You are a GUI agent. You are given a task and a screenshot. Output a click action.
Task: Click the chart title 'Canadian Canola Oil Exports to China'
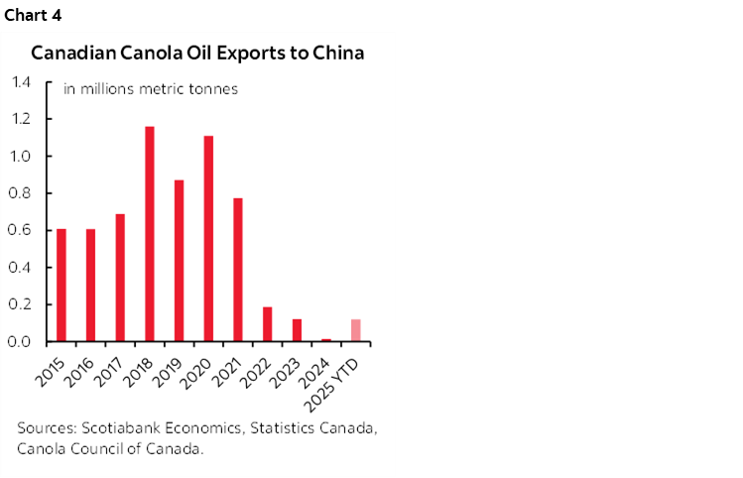point(197,53)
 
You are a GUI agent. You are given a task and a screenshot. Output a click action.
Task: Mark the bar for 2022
point(267,324)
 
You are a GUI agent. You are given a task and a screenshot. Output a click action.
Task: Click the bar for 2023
point(297,330)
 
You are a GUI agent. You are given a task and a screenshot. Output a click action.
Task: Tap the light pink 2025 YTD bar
point(355,330)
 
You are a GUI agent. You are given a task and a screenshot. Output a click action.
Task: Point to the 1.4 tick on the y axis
point(23,82)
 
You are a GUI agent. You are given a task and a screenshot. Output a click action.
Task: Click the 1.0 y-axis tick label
point(23,157)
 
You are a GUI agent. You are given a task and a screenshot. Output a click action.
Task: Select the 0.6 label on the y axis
point(23,231)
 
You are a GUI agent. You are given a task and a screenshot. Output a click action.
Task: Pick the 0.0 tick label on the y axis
point(23,342)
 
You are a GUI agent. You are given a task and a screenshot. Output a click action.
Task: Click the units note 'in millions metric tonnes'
point(151,89)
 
